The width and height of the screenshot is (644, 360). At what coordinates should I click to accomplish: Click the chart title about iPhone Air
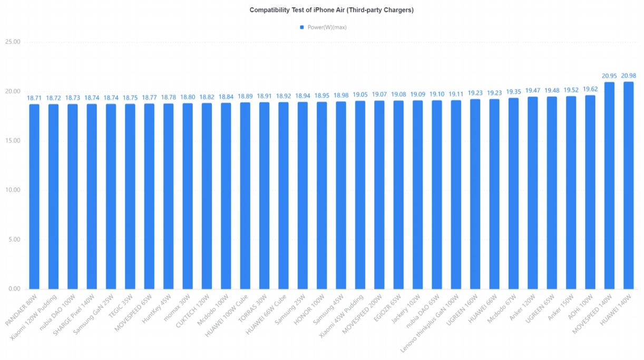coord(331,10)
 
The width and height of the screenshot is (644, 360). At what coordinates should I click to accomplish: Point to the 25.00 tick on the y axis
coord(12,42)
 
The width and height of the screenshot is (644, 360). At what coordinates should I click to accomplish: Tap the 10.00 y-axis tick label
coord(12,190)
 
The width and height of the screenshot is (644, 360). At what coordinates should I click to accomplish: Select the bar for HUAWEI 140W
coord(628,185)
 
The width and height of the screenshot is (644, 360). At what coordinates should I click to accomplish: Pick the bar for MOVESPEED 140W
coord(609,185)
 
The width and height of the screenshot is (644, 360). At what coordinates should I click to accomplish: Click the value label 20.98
coord(628,76)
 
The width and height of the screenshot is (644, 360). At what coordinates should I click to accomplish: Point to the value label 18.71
coord(34,98)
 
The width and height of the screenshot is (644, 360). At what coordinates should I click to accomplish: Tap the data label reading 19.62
coord(590,89)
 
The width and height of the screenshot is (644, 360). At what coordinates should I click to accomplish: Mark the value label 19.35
coord(513,92)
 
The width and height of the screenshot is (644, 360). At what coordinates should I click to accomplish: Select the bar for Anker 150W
coord(571,192)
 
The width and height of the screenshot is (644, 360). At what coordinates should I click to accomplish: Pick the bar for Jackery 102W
coord(417,194)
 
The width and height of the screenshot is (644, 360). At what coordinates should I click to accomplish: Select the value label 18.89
coord(245,96)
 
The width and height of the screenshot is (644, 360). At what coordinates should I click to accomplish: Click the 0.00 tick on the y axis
coord(14,289)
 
